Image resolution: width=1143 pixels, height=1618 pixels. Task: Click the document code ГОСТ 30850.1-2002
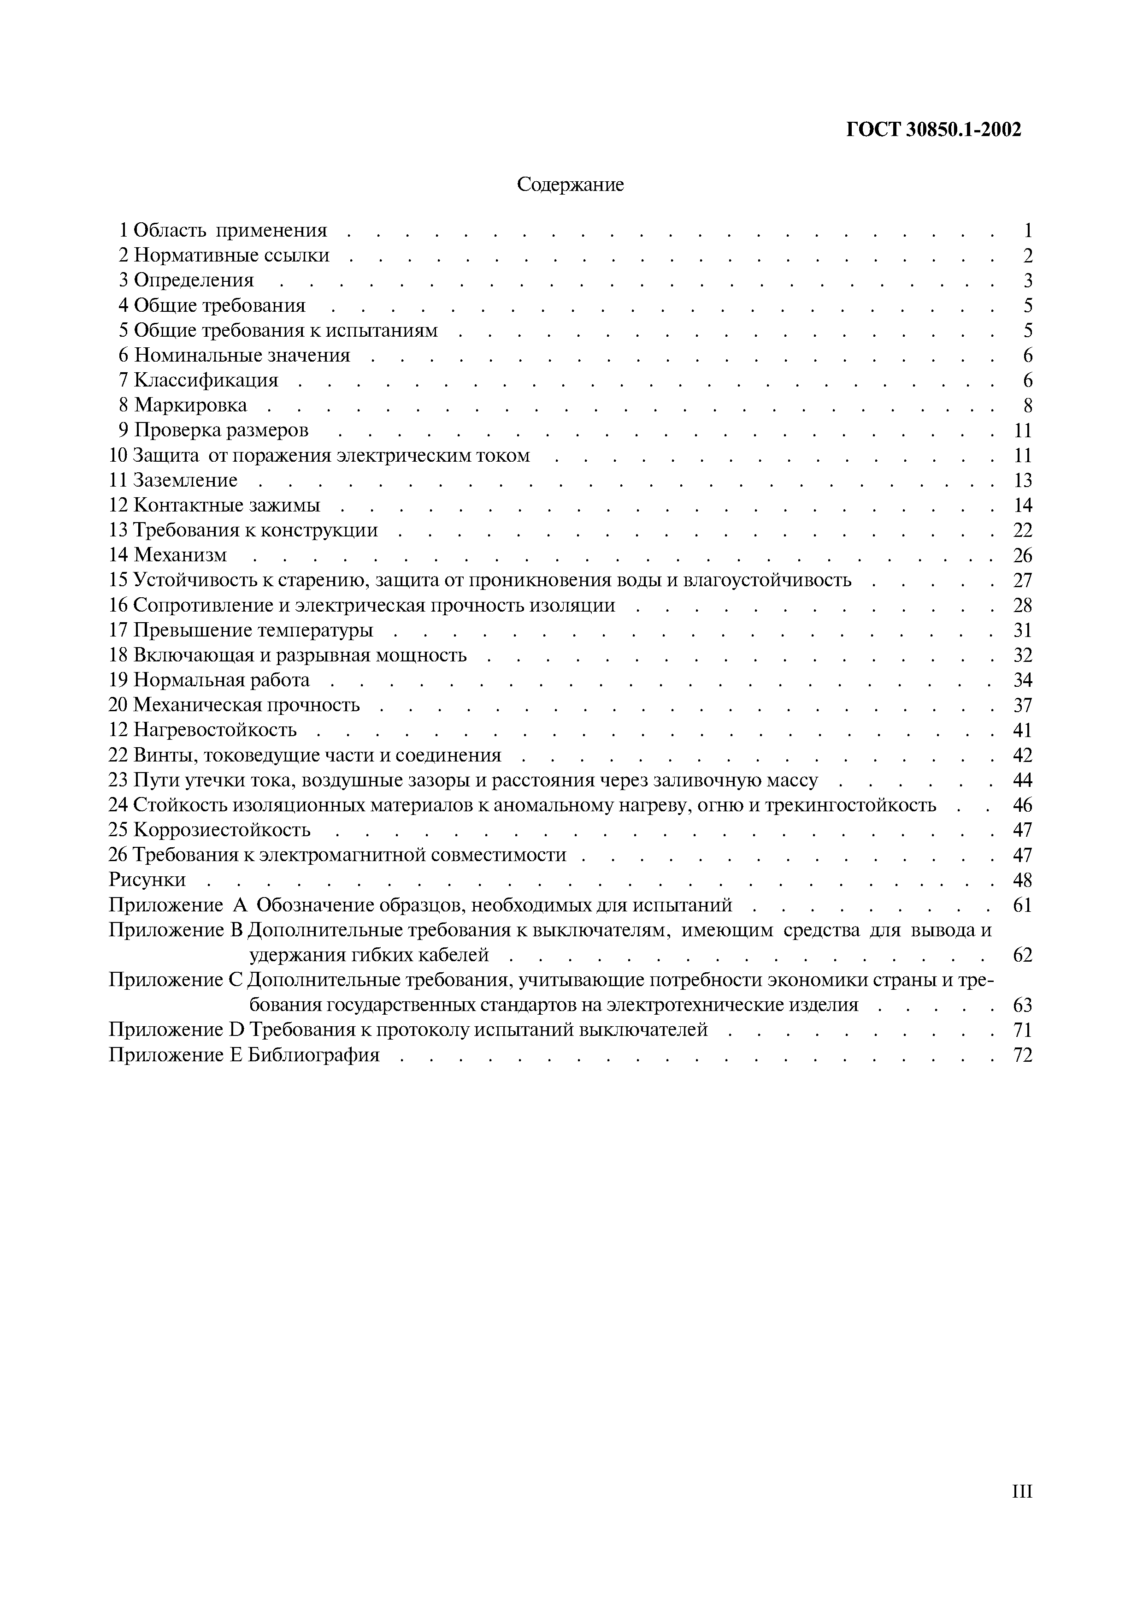933,130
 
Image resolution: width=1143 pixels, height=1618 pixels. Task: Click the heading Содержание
571,184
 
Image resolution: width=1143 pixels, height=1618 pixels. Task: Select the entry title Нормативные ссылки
232,255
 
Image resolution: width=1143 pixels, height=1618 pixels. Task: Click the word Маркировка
191,405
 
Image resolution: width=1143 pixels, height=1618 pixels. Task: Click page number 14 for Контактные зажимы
1022,505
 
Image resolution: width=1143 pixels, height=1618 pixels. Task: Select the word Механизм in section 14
180,555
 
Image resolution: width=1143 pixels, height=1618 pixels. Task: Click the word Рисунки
147,880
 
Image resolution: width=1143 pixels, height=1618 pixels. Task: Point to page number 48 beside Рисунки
1022,880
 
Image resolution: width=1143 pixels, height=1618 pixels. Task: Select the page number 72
1022,1055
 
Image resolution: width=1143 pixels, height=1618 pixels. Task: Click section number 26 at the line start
118,855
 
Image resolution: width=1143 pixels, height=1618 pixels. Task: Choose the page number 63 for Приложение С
1022,1005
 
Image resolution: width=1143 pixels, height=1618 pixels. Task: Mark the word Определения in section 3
194,280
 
